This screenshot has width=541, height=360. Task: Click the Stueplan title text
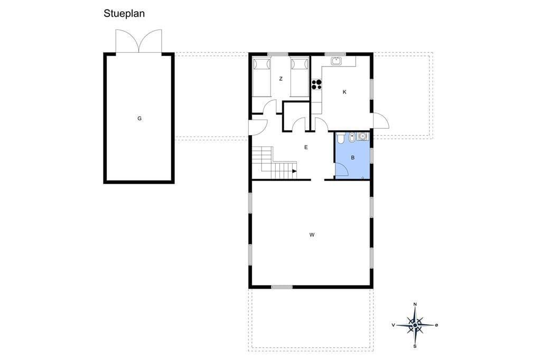click(x=124, y=14)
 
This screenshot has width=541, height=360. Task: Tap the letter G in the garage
click(x=139, y=118)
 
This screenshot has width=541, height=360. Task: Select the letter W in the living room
click(x=312, y=235)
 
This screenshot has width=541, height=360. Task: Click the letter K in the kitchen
click(x=344, y=92)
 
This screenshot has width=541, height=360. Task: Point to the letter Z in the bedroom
click(x=281, y=79)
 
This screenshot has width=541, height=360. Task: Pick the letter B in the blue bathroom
click(x=352, y=158)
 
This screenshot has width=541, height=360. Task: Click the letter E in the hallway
click(x=306, y=147)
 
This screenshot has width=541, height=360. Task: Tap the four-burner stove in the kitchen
click(x=316, y=84)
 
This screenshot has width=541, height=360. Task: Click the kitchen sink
click(x=336, y=61)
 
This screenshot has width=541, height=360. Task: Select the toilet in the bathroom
click(x=340, y=138)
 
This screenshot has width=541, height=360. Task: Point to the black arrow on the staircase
click(x=294, y=171)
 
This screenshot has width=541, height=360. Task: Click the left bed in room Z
click(x=261, y=77)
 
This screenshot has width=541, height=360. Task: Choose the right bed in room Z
click(x=299, y=77)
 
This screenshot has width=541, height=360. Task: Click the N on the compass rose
click(x=415, y=304)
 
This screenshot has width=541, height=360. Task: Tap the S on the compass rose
click(x=415, y=346)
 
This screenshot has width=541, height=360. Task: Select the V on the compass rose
click(x=393, y=325)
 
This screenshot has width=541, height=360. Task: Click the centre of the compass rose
click(x=415, y=325)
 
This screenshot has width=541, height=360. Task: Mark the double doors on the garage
click(x=139, y=41)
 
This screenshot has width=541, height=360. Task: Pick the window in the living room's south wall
click(x=282, y=287)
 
